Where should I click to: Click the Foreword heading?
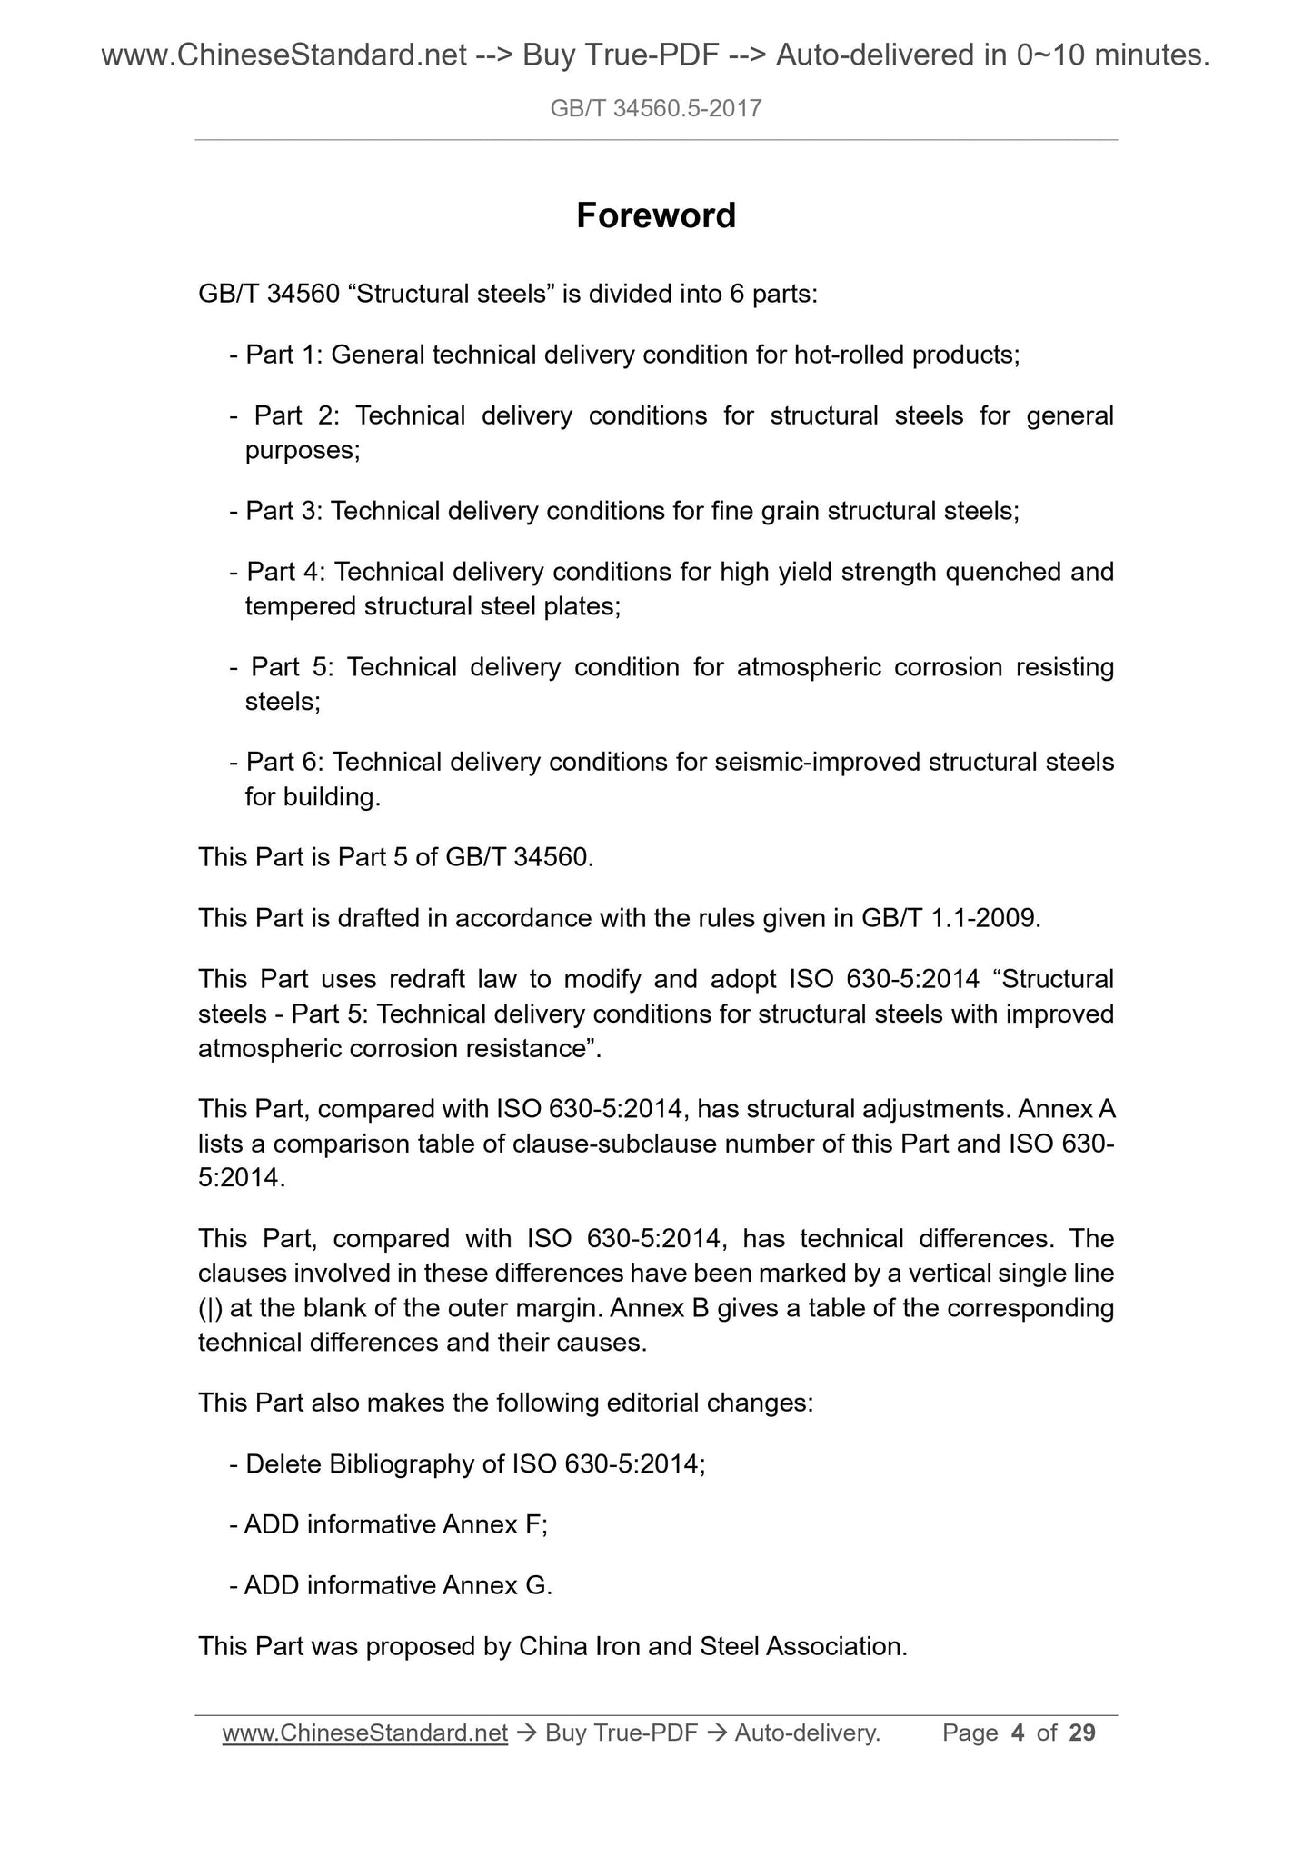point(656,216)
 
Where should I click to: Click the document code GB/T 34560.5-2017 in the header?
point(656,109)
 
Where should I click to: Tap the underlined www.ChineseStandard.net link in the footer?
point(364,1733)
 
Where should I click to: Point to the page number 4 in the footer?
point(1018,1733)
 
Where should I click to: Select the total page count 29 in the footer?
point(1081,1733)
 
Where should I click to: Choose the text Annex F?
point(492,1524)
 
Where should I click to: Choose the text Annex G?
point(495,1585)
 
